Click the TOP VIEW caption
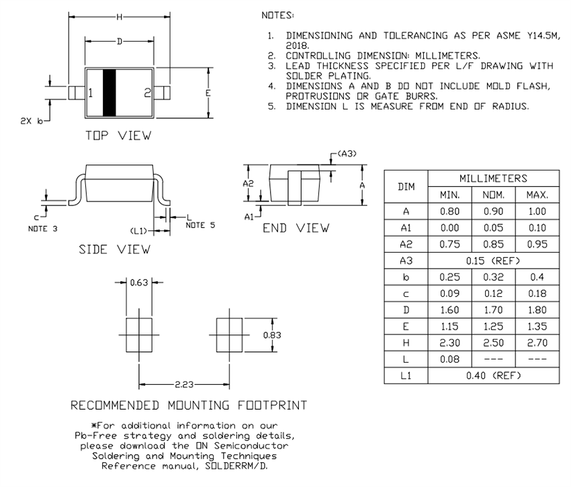tap(118, 136)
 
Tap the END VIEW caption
tap(296, 228)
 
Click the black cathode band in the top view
tap(109, 93)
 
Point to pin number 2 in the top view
tap(147, 93)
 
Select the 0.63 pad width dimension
tap(139, 283)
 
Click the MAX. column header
tap(537, 195)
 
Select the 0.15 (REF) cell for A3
tap(493, 260)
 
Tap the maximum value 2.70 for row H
tap(537, 343)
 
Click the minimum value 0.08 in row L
tap(449, 360)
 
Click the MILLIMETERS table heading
tap(493, 178)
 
